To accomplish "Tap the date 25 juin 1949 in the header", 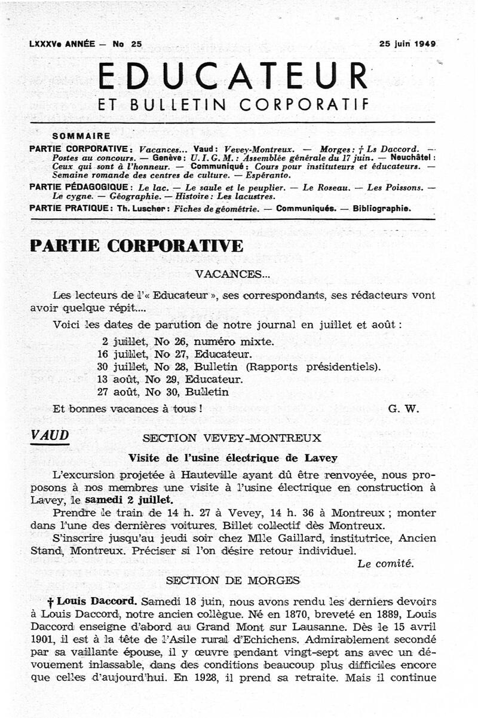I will [407, 44].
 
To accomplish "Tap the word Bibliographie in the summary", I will [382, 208].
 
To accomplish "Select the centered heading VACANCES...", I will [232, 274].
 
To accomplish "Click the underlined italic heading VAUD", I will [50, 436].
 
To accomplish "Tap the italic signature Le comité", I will [385, 563].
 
